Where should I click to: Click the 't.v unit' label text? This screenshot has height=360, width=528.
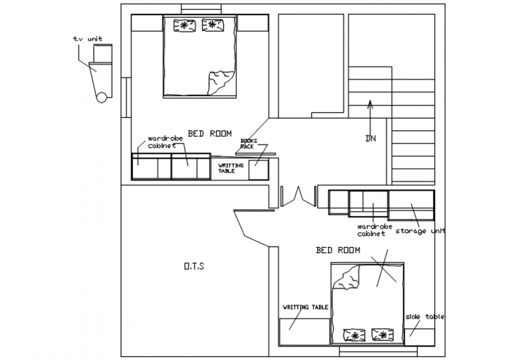tap(87, 39)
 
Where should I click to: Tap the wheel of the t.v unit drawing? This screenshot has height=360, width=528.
tap(102, 96)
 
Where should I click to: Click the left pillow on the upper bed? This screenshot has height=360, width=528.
tap(183, 25)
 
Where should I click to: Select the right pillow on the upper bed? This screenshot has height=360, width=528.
tap(212, 25)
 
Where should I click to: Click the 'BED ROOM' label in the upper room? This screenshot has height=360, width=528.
tap(209, 134)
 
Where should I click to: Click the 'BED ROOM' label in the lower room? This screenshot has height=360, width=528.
tap(338, 250)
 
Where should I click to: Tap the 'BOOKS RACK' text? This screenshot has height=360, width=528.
tap(248, 143)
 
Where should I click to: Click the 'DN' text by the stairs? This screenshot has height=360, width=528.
tap(370, 138)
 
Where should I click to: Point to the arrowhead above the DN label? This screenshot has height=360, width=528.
tap(370, 103)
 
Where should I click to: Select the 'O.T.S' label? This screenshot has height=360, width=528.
tap(194, 266)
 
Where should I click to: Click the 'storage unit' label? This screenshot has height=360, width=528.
tap(420, 231)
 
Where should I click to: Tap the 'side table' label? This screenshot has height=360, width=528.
tap(425, 317)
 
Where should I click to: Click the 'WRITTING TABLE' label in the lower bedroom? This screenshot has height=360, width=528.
tap(305, 307)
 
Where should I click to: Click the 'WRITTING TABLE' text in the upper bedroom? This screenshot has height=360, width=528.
tap(231, 168)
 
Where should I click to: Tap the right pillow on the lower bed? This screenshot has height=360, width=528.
tap(382, 335)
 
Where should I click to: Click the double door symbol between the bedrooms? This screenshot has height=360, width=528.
tap(298, 196)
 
